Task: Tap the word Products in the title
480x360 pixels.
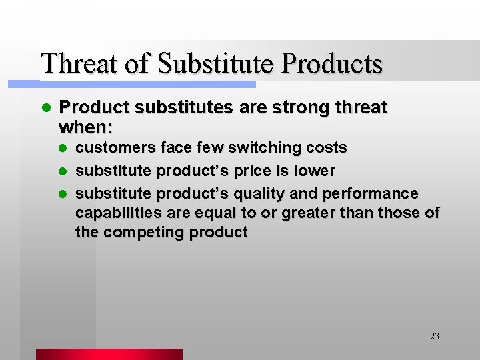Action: pos(332,63)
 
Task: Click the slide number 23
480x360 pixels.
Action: pos(435,336)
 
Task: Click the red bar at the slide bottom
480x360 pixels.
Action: pos(109,354)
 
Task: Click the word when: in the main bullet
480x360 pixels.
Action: pos(86,127)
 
